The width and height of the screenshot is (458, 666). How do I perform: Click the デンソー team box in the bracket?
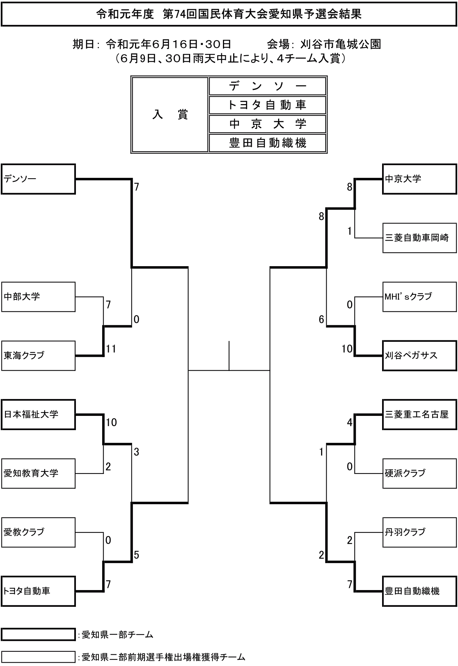tap(38, 179)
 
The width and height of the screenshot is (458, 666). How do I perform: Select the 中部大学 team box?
tap(38, 297)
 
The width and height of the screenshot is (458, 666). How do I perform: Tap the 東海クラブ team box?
tap(38, 356)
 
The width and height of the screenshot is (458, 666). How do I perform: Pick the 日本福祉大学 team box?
tap(38, 415)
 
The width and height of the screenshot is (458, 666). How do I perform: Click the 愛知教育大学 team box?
tap(38, 474)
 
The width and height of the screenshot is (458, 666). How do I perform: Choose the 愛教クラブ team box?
tap(38, 532)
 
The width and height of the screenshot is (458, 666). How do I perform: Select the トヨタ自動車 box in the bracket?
tap(38, 591)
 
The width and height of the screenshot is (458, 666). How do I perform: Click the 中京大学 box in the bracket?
tap(419, 179)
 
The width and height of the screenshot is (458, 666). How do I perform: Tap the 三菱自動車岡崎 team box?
tap(419, 238)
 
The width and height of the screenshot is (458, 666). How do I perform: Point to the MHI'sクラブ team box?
tap(419, 297)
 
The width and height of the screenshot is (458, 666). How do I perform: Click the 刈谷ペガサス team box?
tap(419, 356)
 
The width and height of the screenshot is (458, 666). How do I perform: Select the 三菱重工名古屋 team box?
tap(419, 415)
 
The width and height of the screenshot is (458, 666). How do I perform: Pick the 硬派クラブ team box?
tap(419, 474)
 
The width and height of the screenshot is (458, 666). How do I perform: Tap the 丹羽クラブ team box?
tap(419, 532)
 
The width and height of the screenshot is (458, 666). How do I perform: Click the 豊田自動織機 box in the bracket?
tap(419, 591)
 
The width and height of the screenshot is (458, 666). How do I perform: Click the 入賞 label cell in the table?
tap(170, 115)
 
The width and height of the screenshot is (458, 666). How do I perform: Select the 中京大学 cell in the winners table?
tap(267, 124)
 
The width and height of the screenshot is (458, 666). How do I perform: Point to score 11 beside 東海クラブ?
tap(111, 349)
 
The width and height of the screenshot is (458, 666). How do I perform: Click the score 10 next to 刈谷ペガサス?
tap(347, 349)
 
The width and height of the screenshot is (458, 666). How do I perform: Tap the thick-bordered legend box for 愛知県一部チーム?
tap(38, 635)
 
